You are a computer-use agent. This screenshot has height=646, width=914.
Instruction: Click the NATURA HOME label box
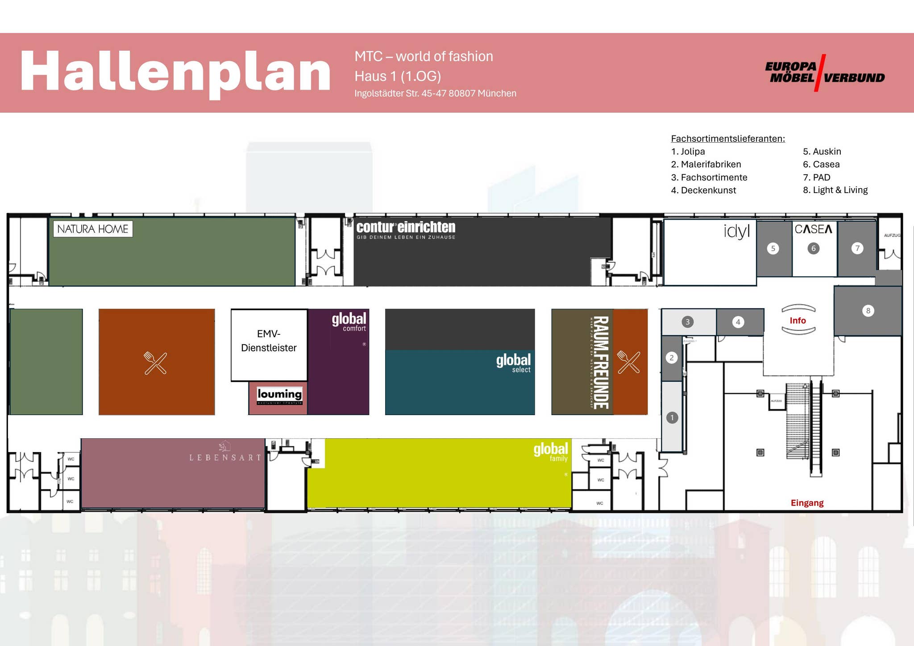pyautogui.click(x=93, y=229)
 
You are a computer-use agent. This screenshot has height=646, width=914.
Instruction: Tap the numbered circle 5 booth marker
pyautogui.click(x=773, y=248)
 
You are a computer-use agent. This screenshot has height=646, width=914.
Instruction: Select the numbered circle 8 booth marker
pyautogui.click(x=868, y=311)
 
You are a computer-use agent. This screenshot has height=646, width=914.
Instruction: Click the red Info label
pyautogui.click(x=798, y=321)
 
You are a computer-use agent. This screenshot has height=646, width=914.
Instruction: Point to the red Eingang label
pyautogui.click(x=807, y=503)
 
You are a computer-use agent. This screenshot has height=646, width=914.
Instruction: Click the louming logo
pyautogui.click(x=280, y=395)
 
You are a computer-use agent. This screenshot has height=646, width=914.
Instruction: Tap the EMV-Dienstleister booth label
pyautogui.click(x=269, y=341)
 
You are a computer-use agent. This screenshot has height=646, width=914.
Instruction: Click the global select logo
pyautogui.click(x=513, y=362)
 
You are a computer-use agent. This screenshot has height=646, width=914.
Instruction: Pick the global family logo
pyautogui.click(x=551, y=451)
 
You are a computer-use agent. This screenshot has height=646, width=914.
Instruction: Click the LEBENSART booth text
pyautogui.click(x=225, y=457)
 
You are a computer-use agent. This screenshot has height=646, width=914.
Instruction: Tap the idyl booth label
pyautogui.click(x=736, y=231)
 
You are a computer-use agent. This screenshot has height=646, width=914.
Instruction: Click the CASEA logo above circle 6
pyautogui.click(x=814, y=229)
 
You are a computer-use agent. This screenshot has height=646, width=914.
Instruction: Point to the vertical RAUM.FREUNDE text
pyautogui.click(x=601, y=362)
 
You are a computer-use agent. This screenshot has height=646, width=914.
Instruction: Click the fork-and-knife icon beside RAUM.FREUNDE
pyautogui.click(x=628, y=362)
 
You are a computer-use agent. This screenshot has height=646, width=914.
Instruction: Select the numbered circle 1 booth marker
pyautogui.click(x=672, y=418)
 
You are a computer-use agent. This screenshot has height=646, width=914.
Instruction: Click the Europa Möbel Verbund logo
pyautogui.click(x=825, y=73)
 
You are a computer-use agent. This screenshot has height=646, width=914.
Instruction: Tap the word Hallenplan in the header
pyautogui.click(x=175, y=72)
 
